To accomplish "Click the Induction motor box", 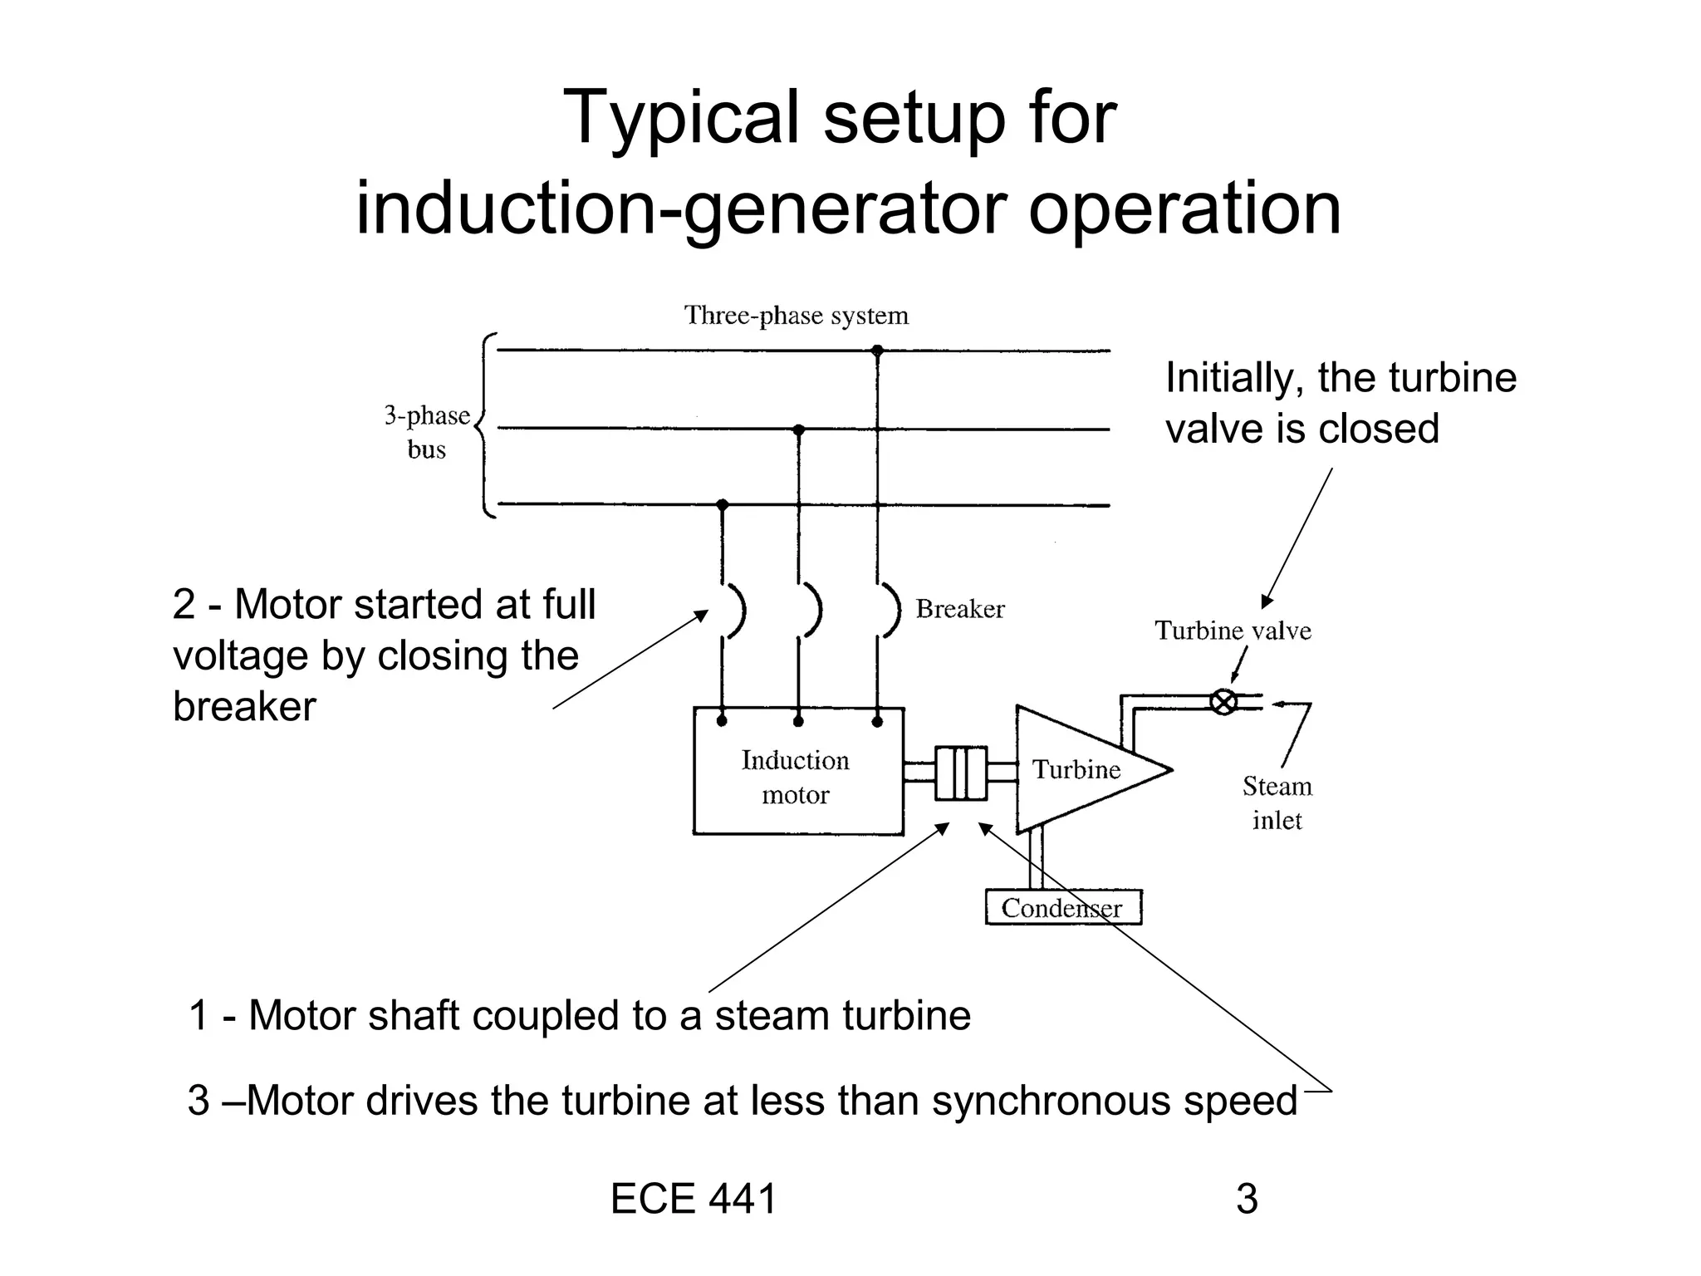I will tap(797, 777).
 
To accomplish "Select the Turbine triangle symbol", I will tap(1080, 770).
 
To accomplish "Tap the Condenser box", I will tap(1062, 907).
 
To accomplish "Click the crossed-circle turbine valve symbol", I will tap(1223, 702).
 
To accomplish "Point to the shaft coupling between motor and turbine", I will tap(961, 773).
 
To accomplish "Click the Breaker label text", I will tap(960, 609).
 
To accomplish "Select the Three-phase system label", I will tap(796, 316).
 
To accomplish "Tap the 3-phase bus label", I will tap(427, 432).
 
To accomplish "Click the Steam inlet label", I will tap(1277, 802).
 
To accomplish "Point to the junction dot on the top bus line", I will tap(877, 351).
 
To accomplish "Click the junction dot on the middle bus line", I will tap(799, 429).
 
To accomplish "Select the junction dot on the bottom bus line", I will tap(722, 504).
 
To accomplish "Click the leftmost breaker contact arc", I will tap(737, 611).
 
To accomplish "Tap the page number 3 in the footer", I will tap(1247, 1199).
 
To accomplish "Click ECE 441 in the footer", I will tap(694, 1199).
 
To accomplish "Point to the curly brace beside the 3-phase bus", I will tap(486, 425).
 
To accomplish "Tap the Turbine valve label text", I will tap(1233, 631).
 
